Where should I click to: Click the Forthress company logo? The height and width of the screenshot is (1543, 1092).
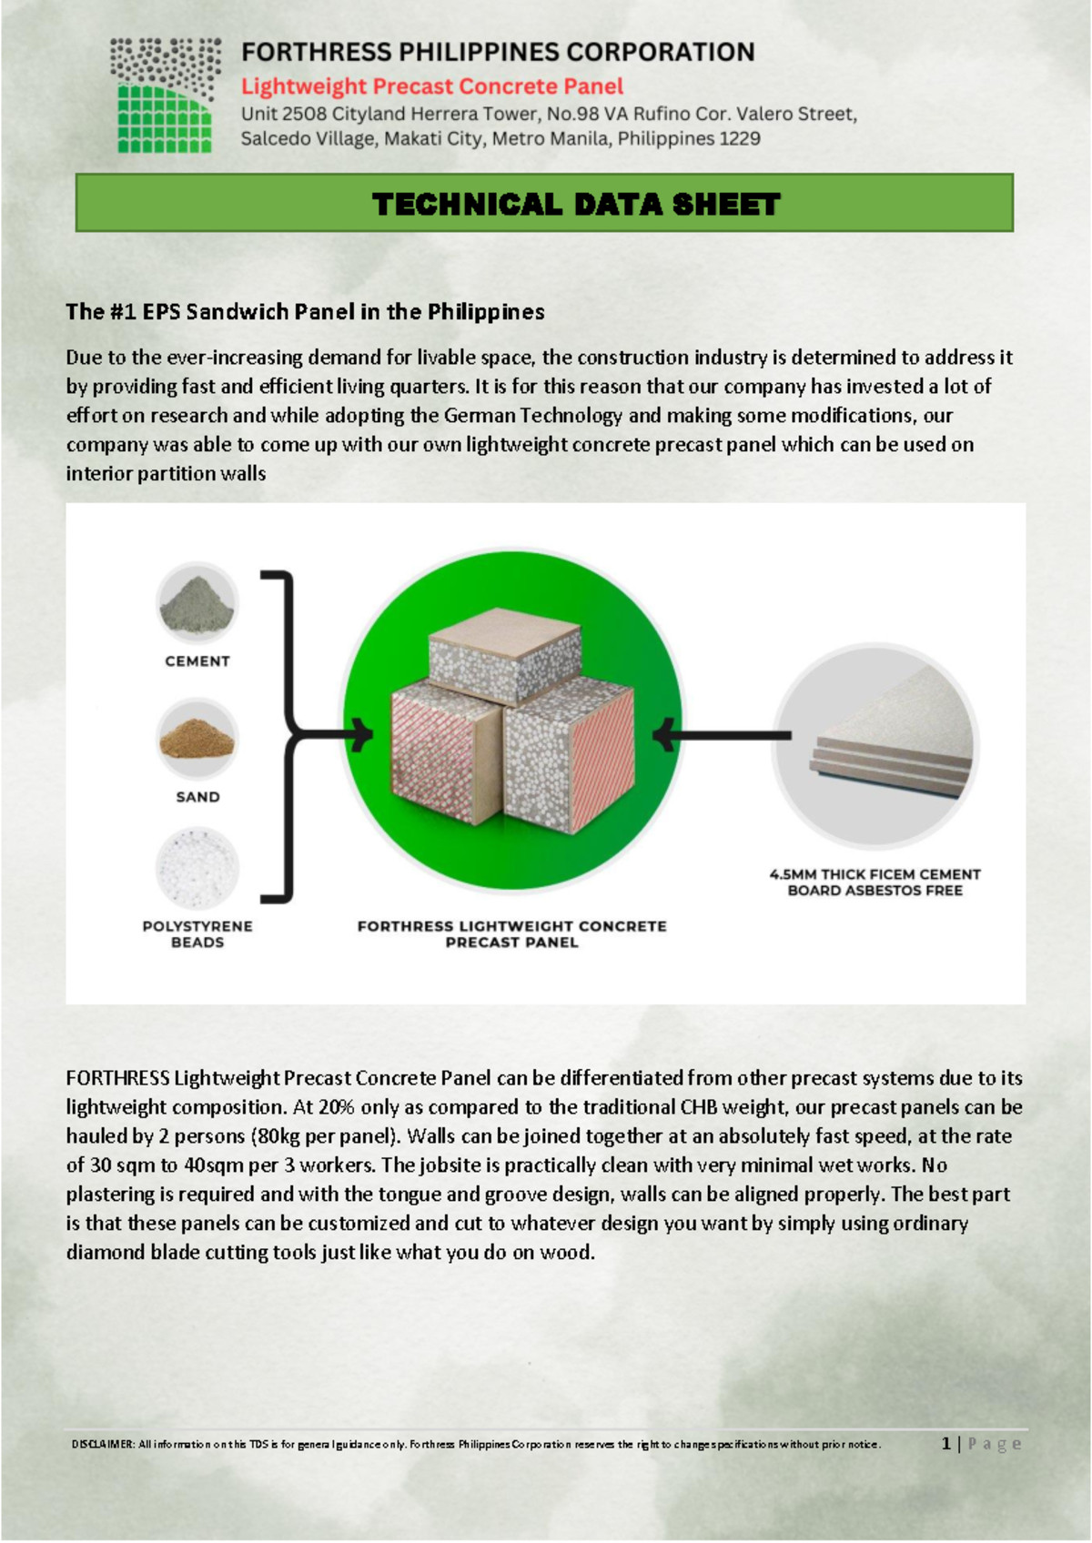[165, 95]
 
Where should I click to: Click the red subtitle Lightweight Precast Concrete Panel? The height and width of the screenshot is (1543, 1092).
[431, 86]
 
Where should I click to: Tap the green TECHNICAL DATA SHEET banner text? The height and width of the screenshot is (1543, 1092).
[575, 204]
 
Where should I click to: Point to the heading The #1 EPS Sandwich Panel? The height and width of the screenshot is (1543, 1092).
[305, 312]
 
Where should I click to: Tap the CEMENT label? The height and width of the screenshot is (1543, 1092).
[197, 661]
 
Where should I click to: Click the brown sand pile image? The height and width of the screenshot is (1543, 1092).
[197, 740]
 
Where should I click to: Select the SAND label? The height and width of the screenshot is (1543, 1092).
[197, 797]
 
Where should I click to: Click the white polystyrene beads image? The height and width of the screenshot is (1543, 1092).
[197, 868]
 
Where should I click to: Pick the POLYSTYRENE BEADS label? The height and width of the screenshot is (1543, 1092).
[197, 934]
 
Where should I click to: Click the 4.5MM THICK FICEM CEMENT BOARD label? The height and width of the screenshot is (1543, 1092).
[875, 882]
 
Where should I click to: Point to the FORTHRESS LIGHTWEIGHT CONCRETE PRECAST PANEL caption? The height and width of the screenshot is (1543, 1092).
[511, 934]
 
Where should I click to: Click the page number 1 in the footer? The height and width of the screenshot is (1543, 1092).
[946, 1444]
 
